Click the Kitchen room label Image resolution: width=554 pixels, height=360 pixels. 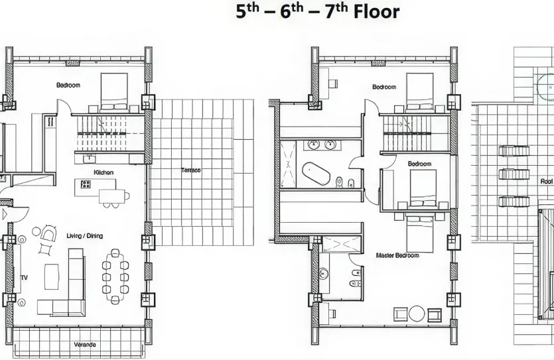tap(104, 172)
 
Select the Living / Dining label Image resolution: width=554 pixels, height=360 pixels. tap(85, 235)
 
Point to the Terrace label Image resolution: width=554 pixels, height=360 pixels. tap(191, 170)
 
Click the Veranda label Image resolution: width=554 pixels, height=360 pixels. tap(85, 345)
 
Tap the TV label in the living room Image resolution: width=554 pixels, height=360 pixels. tap(25, 278)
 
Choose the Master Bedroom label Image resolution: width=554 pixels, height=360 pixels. tap(397, 255)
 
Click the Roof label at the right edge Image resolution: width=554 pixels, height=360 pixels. tap(547, 180)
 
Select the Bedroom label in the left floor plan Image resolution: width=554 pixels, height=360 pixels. tap(68, 85)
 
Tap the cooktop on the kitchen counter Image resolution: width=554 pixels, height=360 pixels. tap(85, 184)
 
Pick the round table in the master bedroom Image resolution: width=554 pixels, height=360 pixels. tap(417, 313)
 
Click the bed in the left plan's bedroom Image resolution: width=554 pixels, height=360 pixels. tap(114, 91)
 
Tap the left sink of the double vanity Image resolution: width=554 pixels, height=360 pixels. tap(313, 145)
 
